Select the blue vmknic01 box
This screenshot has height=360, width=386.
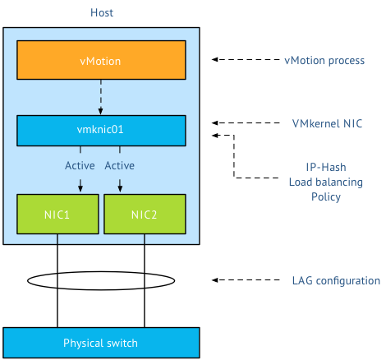point(101,129)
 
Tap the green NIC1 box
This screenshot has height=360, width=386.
point(57,214)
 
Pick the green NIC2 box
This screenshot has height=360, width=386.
point(145,214)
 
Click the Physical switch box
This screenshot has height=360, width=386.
point(101,342)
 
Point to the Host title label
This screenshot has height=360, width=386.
point(102,13)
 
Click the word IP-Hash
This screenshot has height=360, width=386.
point(314,166)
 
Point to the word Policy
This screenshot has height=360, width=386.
point(314,197)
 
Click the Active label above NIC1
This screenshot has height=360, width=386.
point(80,166)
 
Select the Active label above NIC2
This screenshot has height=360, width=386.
point(121,166)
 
